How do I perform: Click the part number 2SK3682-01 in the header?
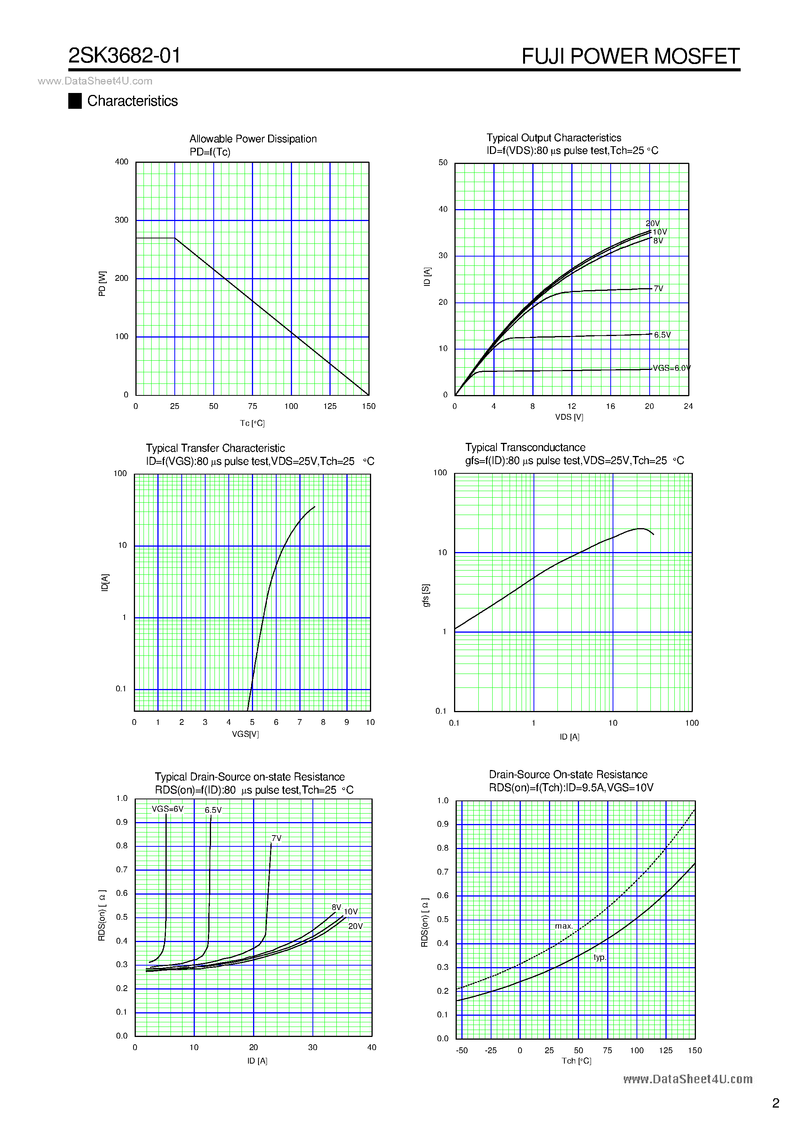point(124,56)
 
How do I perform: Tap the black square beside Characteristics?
point(75,101)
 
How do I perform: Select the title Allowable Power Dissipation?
point(253,139)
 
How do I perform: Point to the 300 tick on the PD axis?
point(122,220)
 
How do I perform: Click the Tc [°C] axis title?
point(252,423)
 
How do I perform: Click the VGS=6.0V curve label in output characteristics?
point(671,368)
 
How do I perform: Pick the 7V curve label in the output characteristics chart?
point(659,289)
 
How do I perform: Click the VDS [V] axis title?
point(569,417)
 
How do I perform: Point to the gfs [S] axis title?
point(426,596)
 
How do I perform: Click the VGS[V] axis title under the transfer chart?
point(245,734)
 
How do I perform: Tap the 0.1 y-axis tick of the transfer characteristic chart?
point(121,689)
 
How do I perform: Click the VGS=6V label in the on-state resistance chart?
point(167,809)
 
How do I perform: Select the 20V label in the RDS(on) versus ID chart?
point(355,926)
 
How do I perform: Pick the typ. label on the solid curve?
point(599,957)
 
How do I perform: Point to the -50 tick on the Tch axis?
point(461,1050)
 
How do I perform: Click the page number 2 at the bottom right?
point(775,1103)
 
